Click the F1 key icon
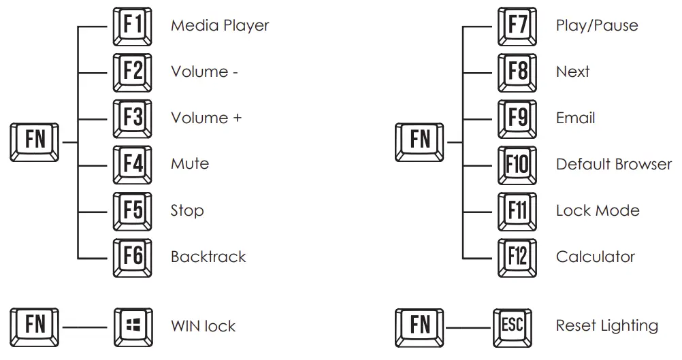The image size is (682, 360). [x=133, y=26]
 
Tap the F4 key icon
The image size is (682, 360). [x=133, y=165]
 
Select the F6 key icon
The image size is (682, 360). [x=133, y=258]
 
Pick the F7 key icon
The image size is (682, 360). [x=517, y=26]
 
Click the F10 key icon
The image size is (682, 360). [x=517, y=165]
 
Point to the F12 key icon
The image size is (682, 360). [x=517, y=258]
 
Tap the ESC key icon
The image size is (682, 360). [x=513, y=328]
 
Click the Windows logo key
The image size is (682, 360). [x=133, y=327]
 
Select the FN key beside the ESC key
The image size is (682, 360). [x=419, y=328]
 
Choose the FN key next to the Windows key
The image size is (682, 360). [x=34, y=327]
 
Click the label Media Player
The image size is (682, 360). [x=220, y=26]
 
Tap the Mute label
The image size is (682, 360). [x=190, y=164]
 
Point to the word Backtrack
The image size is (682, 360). [x=208, y=257]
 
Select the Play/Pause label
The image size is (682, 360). [x=597, y=25]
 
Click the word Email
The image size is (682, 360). [x=575, y=118]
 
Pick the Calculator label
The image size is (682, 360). [x=596, y=257]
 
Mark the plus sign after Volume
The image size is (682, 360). [x=237, y=118]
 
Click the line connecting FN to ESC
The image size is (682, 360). [x=468, y=328]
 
